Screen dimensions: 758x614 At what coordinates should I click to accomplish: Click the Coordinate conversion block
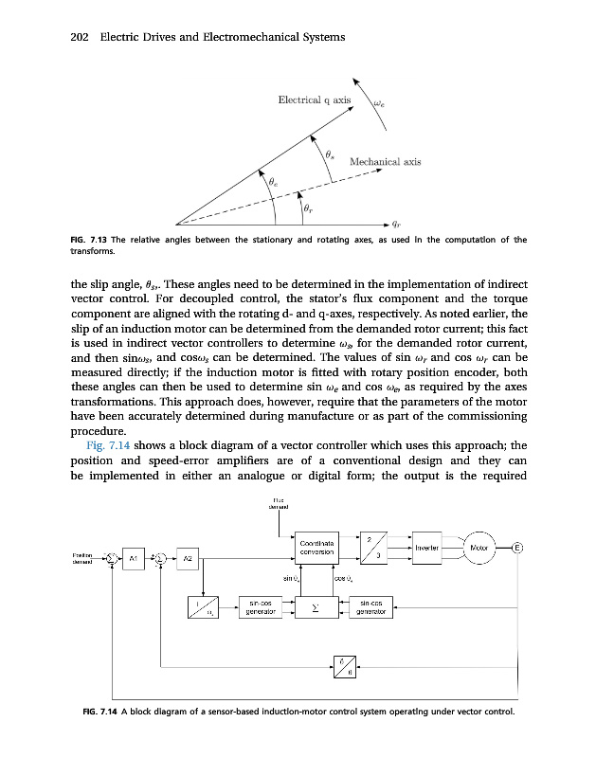(313, 547)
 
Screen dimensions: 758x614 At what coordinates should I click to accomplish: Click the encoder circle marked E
(517, 548)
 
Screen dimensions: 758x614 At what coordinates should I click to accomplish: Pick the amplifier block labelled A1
(135, 557)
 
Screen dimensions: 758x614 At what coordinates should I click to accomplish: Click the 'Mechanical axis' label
(385, 162)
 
